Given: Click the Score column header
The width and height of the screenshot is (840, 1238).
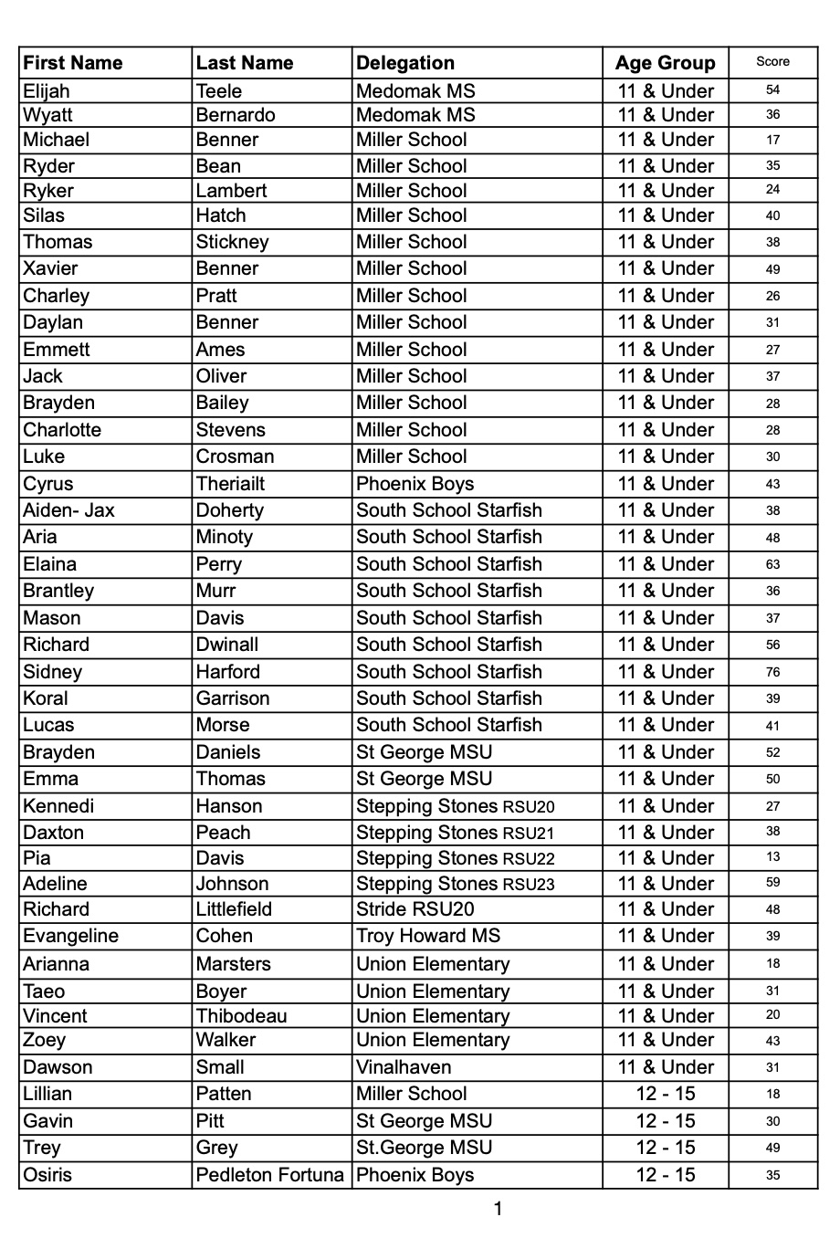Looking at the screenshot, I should point(772,62).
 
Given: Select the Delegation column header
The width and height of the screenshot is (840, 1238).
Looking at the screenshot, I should point(405,63).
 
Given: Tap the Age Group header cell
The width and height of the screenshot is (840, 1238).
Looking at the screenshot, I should point(666,63).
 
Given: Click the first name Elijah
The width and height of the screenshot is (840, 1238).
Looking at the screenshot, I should point(47,91).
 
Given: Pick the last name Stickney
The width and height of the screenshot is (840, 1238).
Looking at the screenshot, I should point(233,242).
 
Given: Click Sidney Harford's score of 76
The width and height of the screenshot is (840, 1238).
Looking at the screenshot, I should point(772,672).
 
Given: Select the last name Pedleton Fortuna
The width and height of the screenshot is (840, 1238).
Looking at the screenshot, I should point(270,1175).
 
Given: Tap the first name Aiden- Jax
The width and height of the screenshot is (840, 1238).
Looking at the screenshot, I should point(69,510).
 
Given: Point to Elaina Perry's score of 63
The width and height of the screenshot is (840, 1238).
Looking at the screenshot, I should point(772,564).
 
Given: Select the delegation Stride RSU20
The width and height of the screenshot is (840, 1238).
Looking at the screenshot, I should point(415,909).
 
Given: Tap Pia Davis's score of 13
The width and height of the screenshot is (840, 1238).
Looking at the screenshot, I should point(772,857).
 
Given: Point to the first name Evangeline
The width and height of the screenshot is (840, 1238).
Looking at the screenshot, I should point(71,936).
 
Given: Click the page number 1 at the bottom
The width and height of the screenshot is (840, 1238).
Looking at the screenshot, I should point(498,1210).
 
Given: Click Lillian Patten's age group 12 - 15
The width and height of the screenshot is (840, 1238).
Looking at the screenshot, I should point(666,1094).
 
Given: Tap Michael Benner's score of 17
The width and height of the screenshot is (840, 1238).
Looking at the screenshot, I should point(772,141).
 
